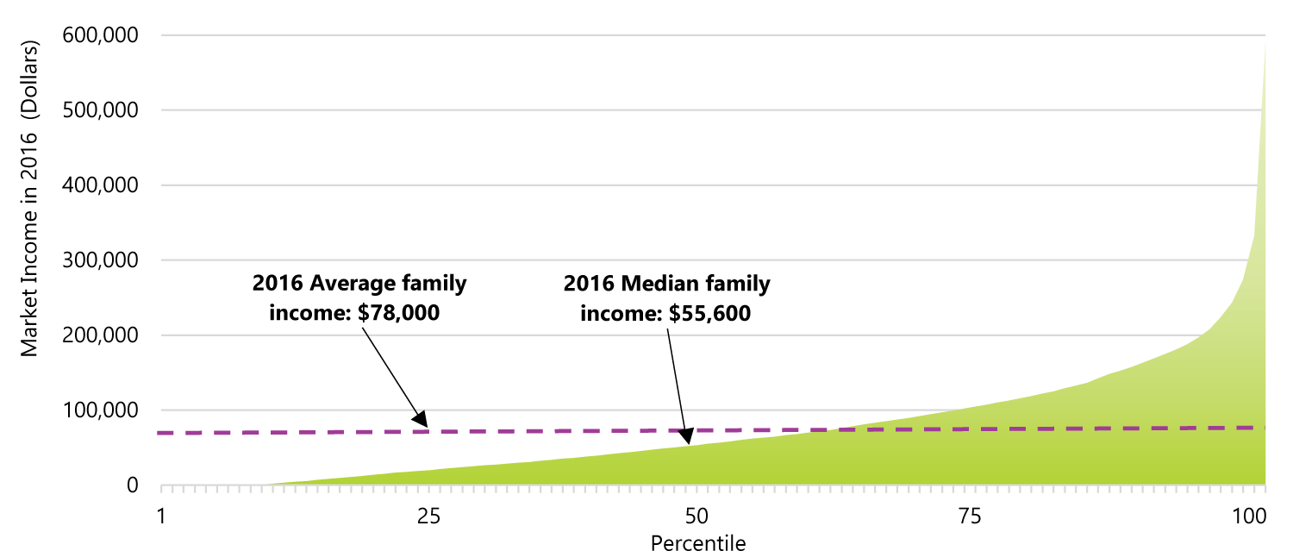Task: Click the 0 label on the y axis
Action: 131,485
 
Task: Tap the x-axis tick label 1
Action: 161,517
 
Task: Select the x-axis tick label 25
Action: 428,517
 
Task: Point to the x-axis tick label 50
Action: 696,517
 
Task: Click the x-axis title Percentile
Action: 697,544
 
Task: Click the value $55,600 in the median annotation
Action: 709,314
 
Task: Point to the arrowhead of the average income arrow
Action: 421,419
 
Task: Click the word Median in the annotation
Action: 649,284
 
